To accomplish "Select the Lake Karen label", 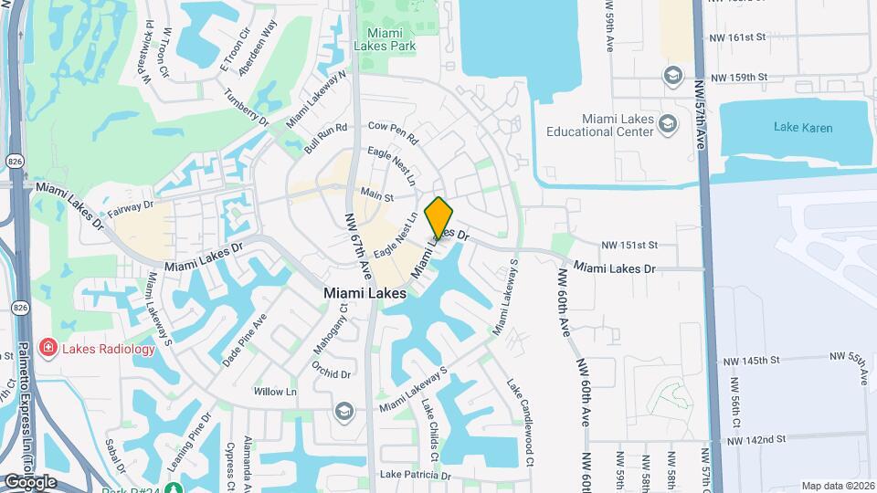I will coord(803,128).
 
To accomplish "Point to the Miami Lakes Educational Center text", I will coord(599,125).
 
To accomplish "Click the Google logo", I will coord(29,481).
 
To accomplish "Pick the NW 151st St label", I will coord(629,246).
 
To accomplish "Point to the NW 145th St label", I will coord(747,361).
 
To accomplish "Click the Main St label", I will coord(375,194).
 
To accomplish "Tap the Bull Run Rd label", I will coord(326,138).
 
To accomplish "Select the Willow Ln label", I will coord(275,392).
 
